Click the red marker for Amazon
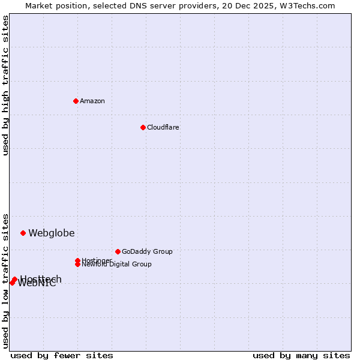(76, 101)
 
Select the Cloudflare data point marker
(143, 127)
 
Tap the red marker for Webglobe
(23, 233)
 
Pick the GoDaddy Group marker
(118, 251)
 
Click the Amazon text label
(92, 101)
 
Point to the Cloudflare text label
(163, 127)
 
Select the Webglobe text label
(52, 233)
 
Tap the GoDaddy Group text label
(147, 251)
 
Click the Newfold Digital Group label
(117, 265)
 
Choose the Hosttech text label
(41, 278)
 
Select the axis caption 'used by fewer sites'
(62, 355)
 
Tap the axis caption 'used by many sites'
(301, 355)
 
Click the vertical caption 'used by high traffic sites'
(5, 85)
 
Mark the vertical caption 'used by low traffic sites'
(5, 280)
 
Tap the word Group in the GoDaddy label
(161, 251)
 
